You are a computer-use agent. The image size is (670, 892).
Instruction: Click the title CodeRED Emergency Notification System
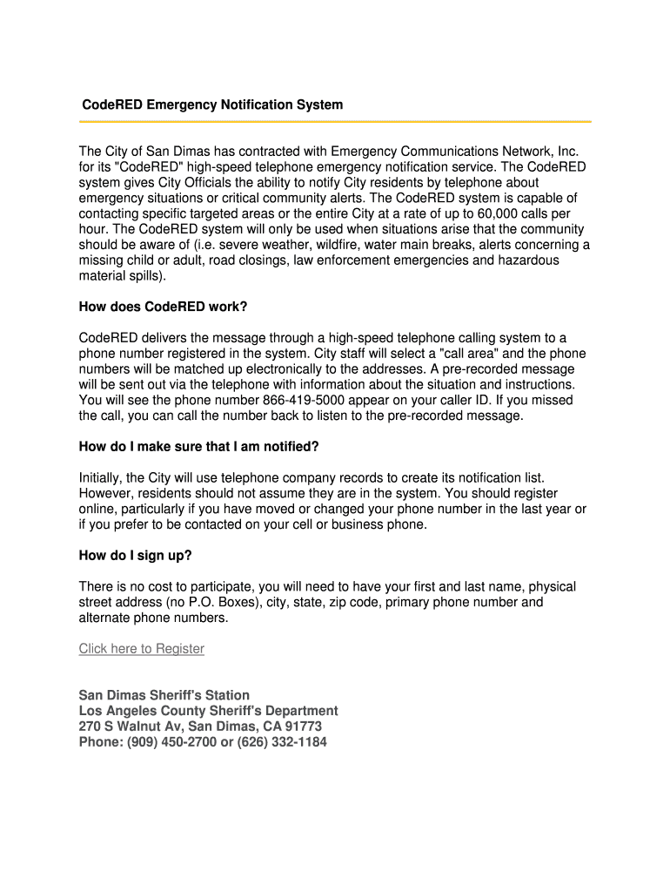212,105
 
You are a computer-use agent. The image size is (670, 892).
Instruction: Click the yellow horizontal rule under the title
335,122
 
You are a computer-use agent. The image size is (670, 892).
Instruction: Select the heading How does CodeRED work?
163,307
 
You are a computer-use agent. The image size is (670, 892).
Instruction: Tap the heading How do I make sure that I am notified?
198,447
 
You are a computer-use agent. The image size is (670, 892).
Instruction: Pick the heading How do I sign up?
135,556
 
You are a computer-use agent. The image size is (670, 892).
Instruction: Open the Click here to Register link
141,649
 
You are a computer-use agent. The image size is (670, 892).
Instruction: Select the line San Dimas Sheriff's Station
164,695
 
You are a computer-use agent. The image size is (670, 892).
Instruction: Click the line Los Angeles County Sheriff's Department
208,711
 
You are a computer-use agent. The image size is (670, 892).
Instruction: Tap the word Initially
100,477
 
